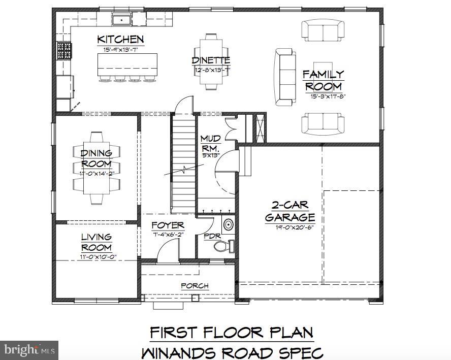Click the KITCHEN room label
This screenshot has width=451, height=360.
(120, 40)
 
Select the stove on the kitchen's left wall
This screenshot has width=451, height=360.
(64, 51)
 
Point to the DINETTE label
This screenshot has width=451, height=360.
(211, 60)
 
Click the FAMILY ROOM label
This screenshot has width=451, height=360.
(324, 81)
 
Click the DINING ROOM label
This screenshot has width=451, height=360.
(96, 158)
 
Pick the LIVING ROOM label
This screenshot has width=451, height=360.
(96, 242)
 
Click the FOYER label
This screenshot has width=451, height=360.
(168, 225)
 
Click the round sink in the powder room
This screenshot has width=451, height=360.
(228, 224)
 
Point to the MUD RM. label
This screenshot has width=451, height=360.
(210, 143)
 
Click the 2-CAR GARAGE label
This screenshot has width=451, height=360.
(289, 212)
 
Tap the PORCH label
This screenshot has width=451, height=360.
(195, 286)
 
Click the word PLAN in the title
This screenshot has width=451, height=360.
(287, 333)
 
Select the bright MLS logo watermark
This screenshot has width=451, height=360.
(29, 350)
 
